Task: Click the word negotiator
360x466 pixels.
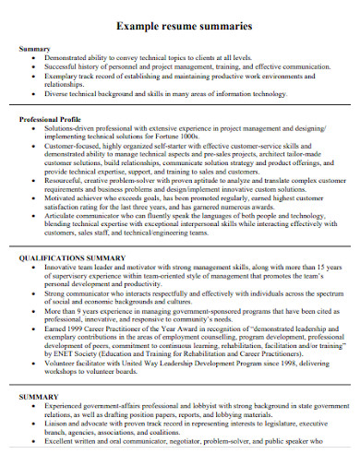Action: (198, 456)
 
